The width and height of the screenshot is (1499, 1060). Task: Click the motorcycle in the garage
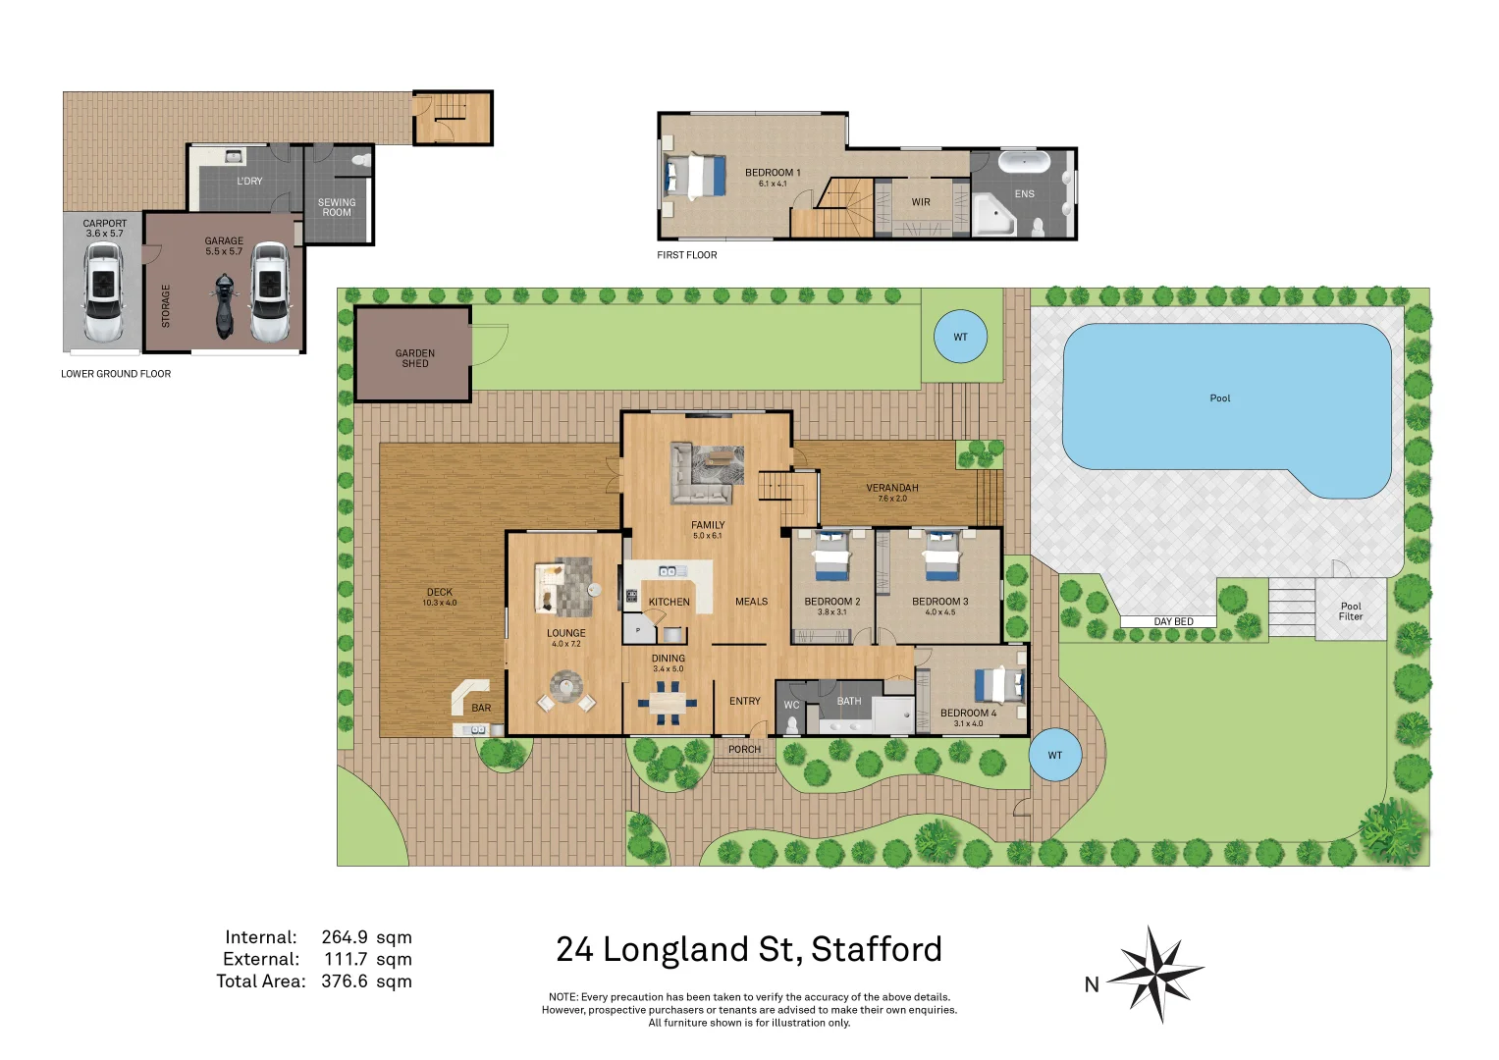pos(225,306)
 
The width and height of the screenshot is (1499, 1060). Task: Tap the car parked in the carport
pos(103,293)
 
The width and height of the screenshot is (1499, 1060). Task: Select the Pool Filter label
pos(1351,611)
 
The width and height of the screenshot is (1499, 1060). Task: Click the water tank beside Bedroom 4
pos(1055,755)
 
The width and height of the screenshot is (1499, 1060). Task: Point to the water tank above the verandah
pos(960,337)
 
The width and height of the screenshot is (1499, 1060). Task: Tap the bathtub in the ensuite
pos(1024,161)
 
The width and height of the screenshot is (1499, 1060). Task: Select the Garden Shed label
pos(415,358)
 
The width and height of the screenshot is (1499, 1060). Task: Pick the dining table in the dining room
pos(669,703)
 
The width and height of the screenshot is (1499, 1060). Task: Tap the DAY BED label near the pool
pos(1173,621)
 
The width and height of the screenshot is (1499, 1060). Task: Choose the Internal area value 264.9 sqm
pos(366,937)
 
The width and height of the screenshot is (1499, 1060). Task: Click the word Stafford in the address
pos(876,949)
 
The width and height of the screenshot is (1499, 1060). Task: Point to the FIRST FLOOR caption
pos(687,255)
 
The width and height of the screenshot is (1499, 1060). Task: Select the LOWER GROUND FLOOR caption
pos(116,374)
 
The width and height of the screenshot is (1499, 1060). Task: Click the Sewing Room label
pos(337,207)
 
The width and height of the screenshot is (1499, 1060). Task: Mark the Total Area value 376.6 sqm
pos(366,980)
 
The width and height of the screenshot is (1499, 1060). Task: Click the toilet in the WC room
pos(792,725)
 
